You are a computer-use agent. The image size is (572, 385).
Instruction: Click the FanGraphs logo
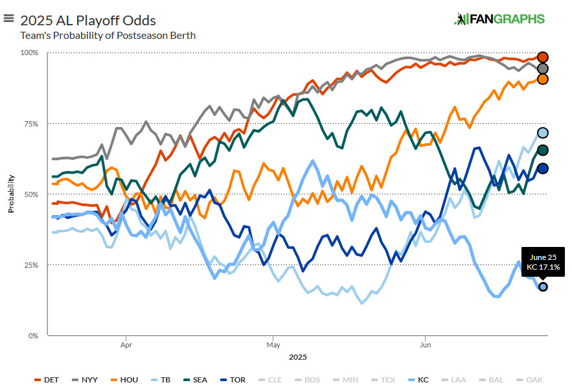point(499,19)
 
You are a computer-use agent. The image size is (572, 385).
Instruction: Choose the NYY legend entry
point(86,379)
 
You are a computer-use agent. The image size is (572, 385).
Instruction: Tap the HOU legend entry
point(126,379)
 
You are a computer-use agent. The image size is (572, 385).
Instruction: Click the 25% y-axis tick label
point(31,265)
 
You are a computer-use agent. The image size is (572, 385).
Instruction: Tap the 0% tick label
point(33,336)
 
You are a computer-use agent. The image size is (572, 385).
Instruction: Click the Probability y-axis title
point(11,194)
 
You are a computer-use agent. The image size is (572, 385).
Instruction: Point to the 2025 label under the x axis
point(297,357)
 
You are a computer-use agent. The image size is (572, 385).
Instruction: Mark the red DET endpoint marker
point(543,57)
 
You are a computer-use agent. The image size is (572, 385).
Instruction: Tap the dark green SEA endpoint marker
point(543,150)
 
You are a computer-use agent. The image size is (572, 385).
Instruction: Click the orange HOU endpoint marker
point(543,79)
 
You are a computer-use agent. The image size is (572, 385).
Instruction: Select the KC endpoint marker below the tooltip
point(543,286)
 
